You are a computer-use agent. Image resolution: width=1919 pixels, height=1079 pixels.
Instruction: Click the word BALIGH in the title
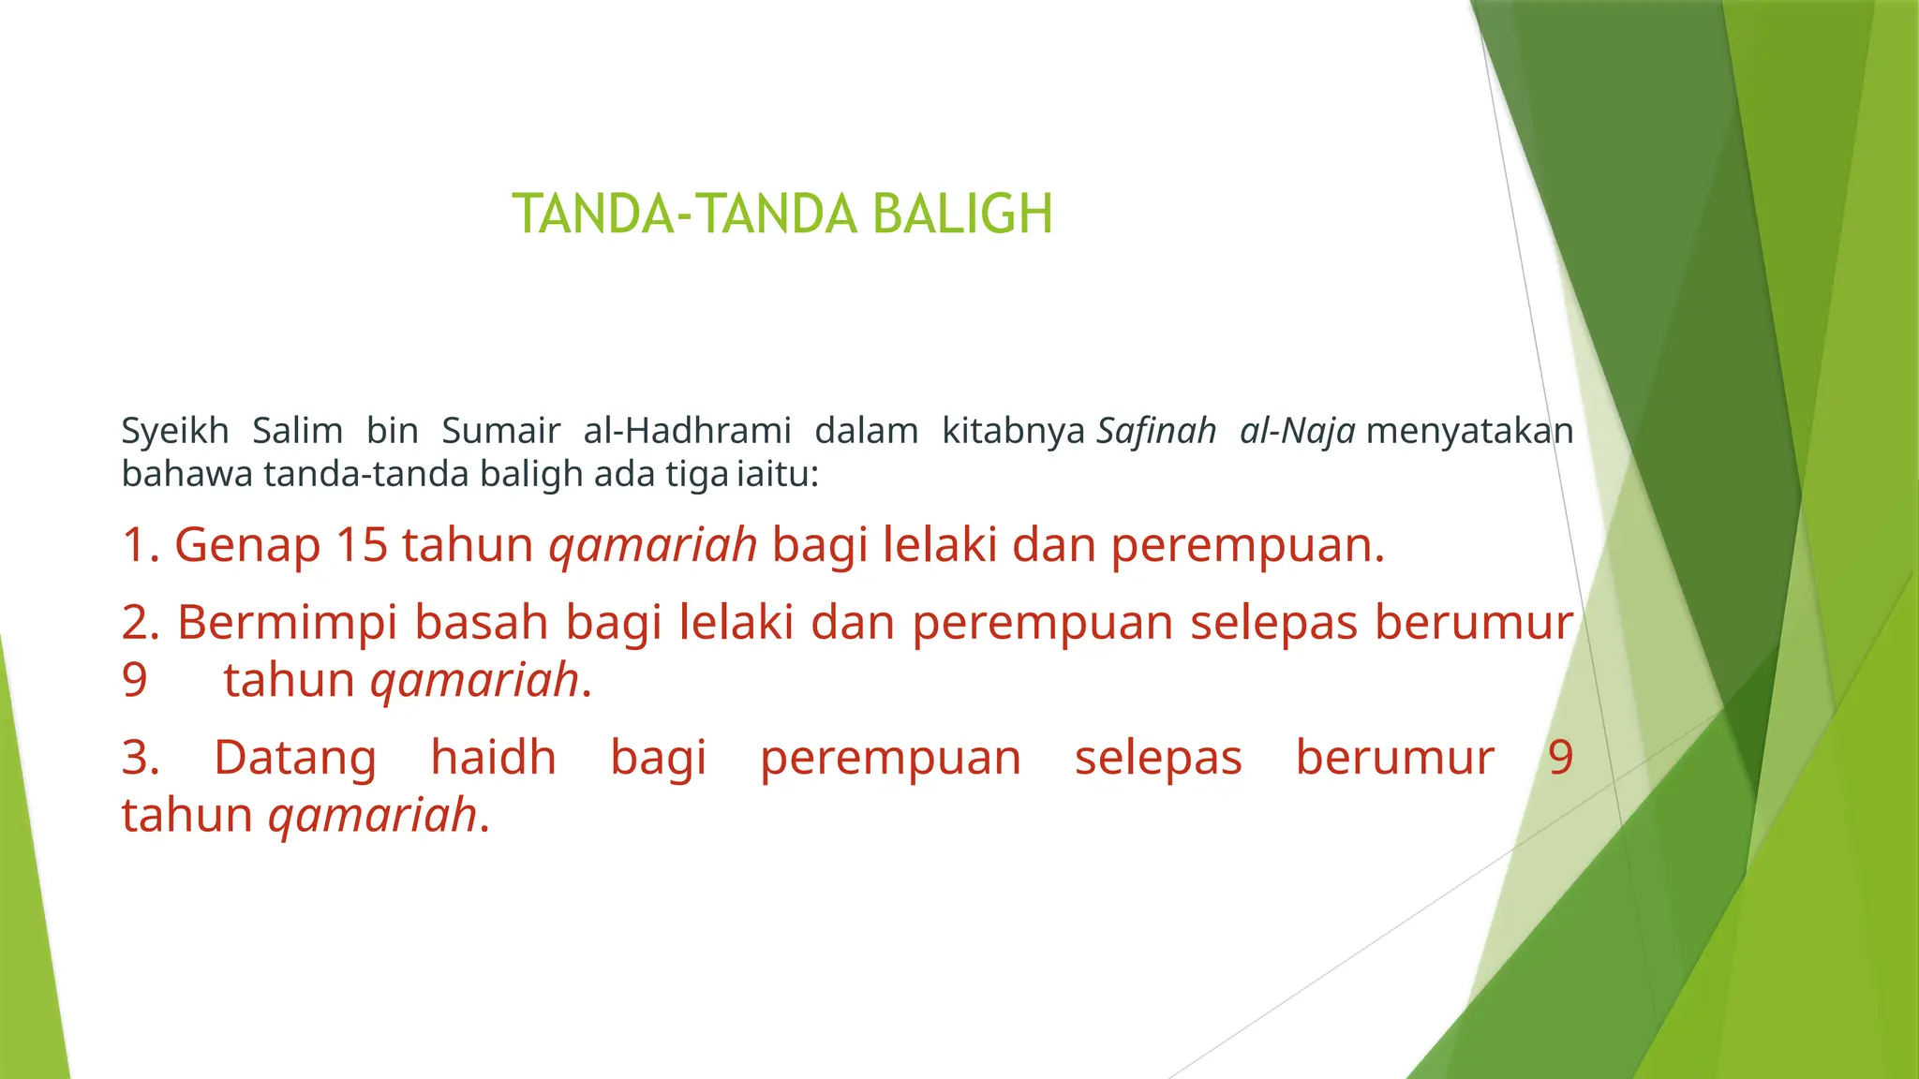(962, 214)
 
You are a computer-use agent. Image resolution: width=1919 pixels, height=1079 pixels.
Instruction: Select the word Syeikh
(175, 431)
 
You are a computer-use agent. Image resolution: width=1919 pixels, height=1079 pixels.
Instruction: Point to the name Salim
(298, 431)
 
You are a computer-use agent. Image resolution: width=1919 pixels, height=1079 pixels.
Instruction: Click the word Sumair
(500, 431)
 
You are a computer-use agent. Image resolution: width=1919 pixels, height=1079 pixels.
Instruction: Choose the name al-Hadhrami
(687, 431)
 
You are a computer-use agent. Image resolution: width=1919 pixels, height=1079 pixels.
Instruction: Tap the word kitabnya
(1013, 431)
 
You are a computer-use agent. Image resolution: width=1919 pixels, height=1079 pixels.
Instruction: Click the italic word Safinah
(1156, 431)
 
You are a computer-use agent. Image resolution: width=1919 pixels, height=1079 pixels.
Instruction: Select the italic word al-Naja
(1297, 431)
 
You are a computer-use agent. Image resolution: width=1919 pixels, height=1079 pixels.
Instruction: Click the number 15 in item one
(362, 544)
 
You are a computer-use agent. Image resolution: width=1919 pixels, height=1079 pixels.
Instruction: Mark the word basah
(481, 623)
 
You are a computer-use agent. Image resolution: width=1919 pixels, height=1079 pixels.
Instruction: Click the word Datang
(295, 758)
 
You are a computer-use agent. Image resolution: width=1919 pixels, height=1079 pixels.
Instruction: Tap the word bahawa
(186, 474)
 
